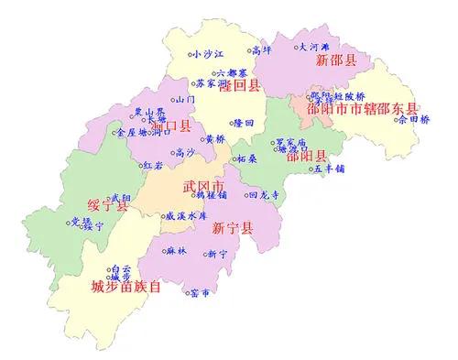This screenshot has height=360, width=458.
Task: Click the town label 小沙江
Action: click(x=208, y=54)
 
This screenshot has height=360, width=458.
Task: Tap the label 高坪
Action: click(x=263, y=49)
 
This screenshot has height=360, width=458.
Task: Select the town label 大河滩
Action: click(x=315, y=46)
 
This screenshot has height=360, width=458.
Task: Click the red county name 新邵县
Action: click(x=335, y=60)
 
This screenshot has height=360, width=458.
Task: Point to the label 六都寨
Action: click(x=232, y=73)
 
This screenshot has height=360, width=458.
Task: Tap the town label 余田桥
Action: click(x=411, y=118)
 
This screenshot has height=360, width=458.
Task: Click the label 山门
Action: click(x=185, y=99)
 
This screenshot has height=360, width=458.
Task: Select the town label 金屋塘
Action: click(x=128, y=132)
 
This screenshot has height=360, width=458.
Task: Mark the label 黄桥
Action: click(x=214, y=138)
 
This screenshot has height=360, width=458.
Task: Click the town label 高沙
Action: click(x=185, y=152)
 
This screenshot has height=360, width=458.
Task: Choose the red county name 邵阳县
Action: click(x=305, y=157)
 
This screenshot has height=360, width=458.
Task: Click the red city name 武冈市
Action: click(x=203, y=185)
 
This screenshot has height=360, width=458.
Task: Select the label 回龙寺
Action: click(x=264, y=195)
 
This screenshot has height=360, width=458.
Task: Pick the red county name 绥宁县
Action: click(x=109, y=208)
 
